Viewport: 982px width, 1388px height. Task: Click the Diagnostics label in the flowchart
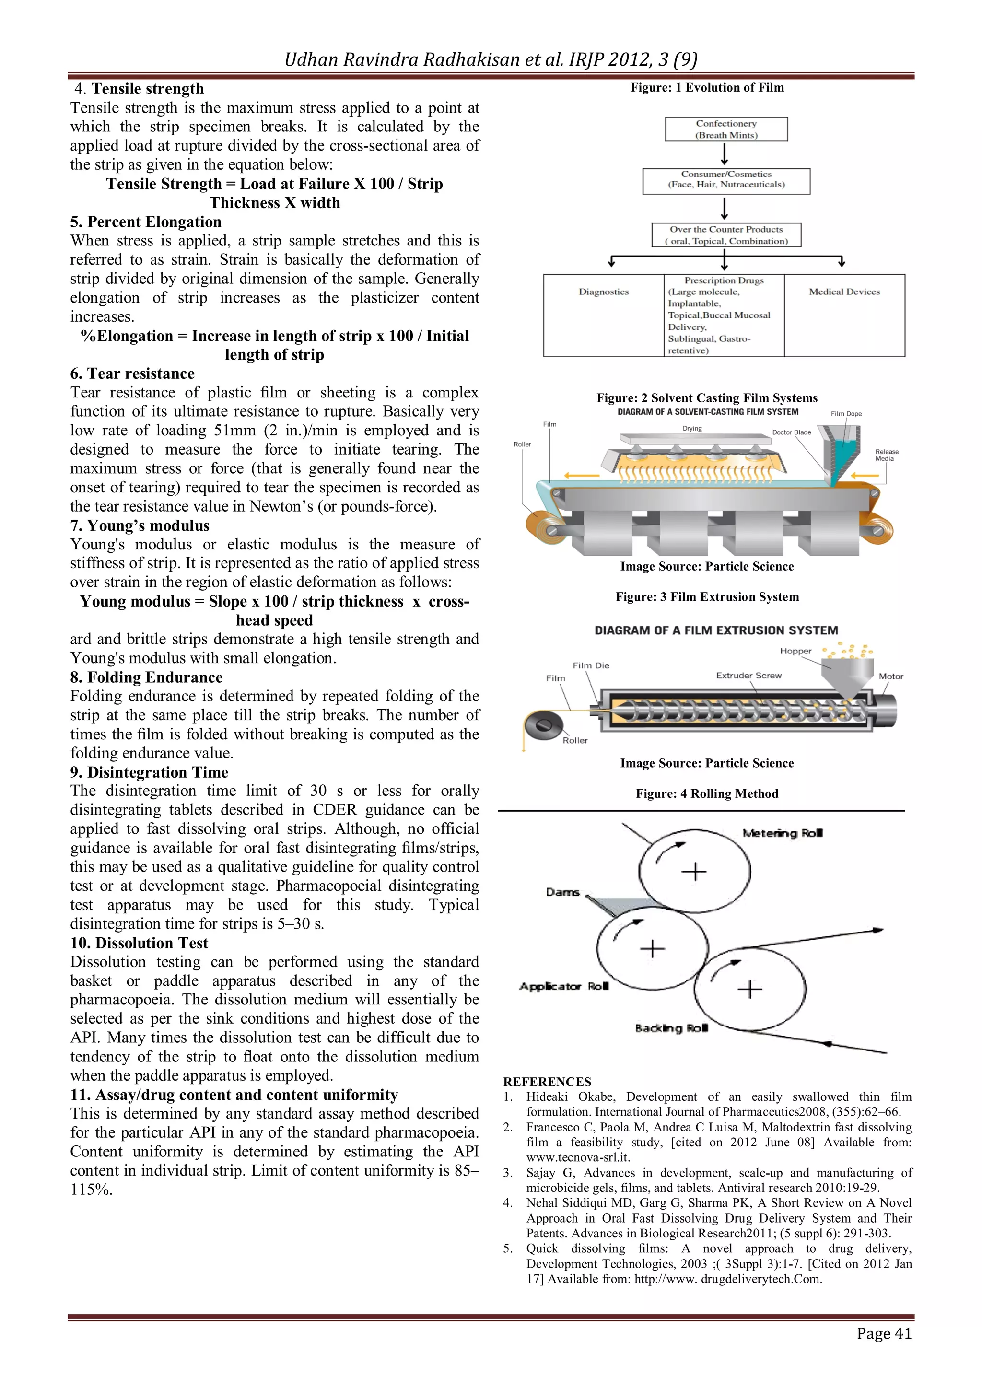pyautogui.click(x=604, y=292)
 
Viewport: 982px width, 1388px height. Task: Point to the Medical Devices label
pyautogui.click(x=844, y=292)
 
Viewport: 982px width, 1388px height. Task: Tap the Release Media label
pyautogui.click(x=887, y=455)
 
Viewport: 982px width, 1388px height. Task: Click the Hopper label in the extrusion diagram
pyautogui.click(x=795, y=651)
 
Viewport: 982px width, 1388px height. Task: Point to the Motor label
pyautogui.click(x=891, y=677)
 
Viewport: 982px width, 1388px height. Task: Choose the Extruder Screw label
pyautogui.click(x=748, y=675)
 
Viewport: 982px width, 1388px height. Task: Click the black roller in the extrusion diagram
pyautogui.click(x=543, y=725)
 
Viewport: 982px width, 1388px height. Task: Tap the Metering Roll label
pyautogui.click(x=783, y=833)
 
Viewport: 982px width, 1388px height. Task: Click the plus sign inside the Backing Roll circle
pyautogui.click(x=750, y=990)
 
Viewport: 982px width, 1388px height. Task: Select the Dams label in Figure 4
pyautogui.click(x=562, y=892)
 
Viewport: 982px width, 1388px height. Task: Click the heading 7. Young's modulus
pyautogui.click(x=140, y=525)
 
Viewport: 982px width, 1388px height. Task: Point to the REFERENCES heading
pyautogui.click(x=547, y=1082)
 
